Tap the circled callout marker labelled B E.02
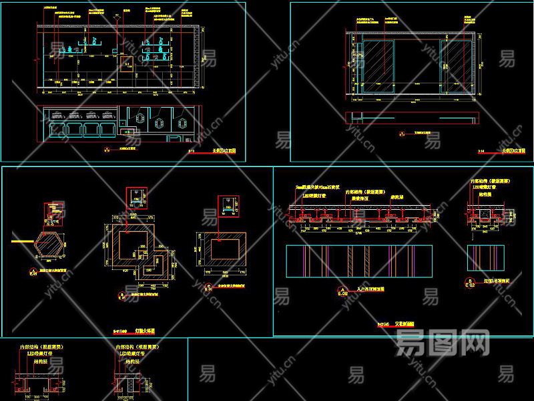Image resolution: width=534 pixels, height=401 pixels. click(x=471, y=282)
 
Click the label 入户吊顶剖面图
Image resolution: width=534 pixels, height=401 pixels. click(x=372, y=289)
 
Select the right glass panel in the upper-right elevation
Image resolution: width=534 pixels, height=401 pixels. click(x=456, y=66)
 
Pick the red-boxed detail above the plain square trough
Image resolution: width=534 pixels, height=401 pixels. click(x=228, y=203)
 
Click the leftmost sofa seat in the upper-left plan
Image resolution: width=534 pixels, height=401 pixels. click(x=55, y=128)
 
